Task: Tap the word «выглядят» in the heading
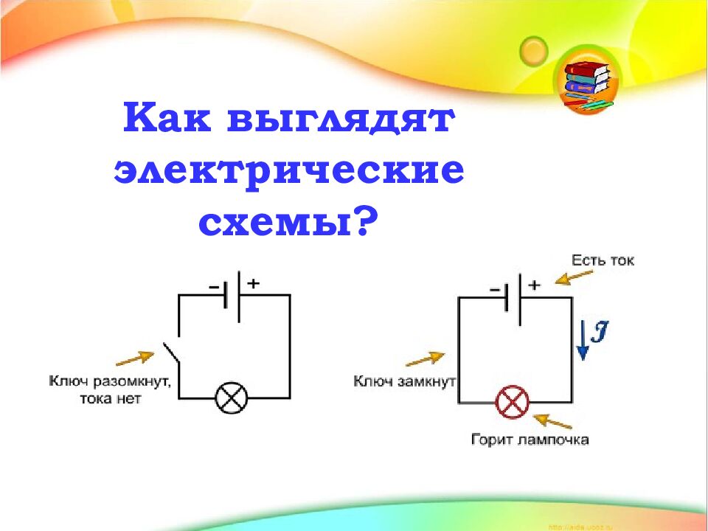(340, 120)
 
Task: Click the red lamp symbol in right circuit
(512, 403)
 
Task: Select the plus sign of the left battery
(253, 282)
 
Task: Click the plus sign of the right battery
(534, 284)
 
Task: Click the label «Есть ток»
(602, 260)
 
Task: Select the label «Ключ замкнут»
(405, 381)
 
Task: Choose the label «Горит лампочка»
(530, 440)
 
